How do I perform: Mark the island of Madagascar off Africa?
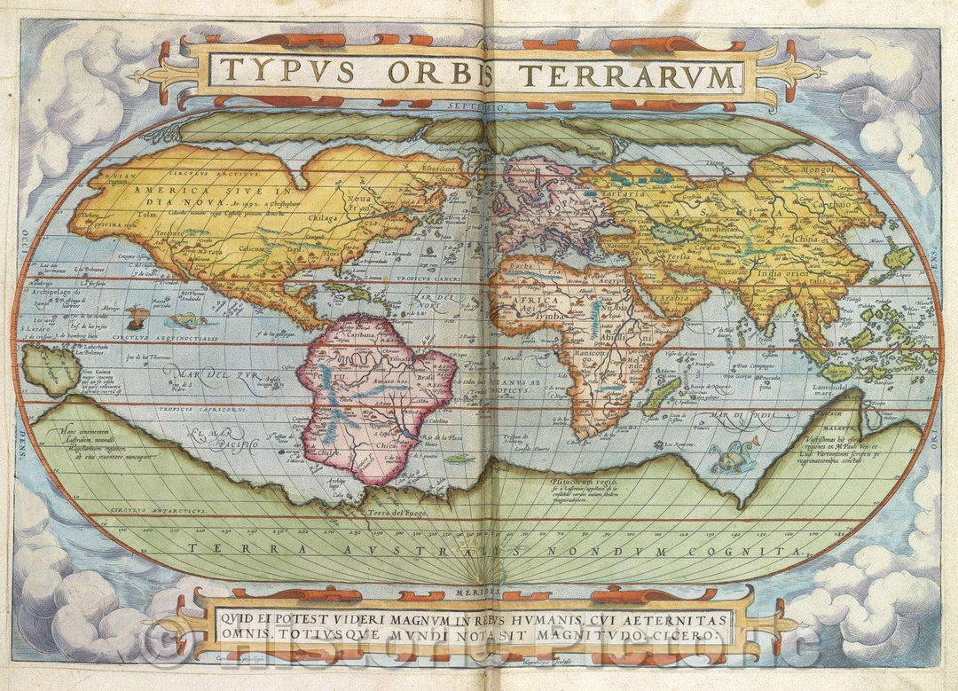pos(657,395)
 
